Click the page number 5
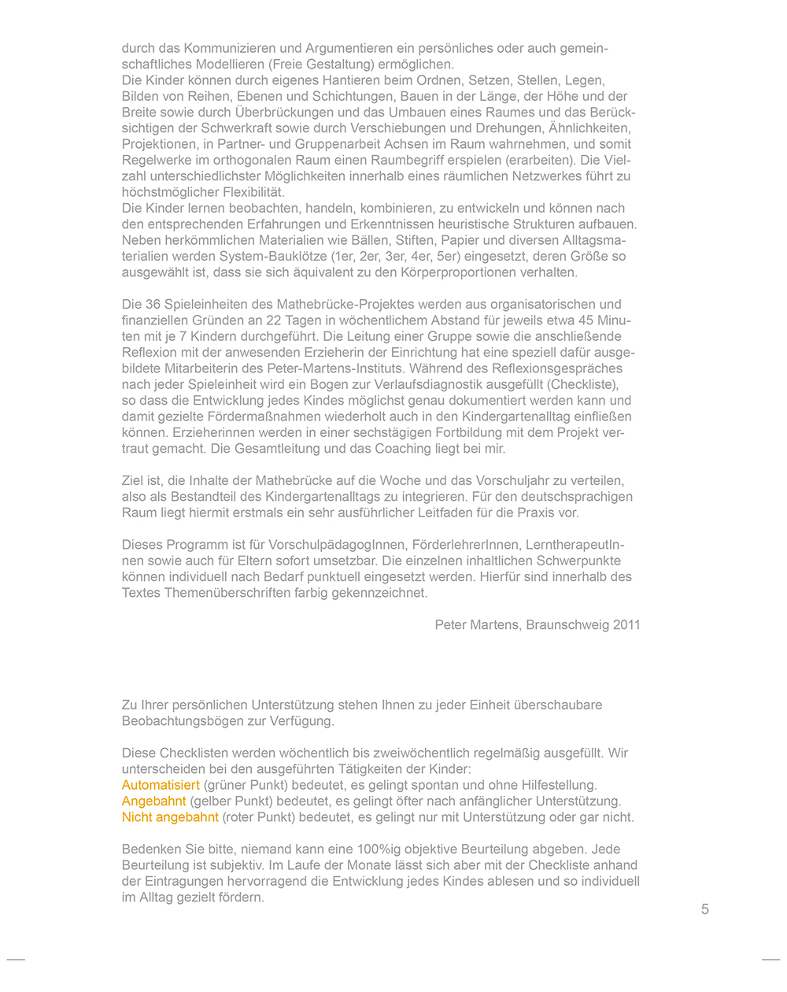(x=704, y=909)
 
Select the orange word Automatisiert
(x=161, y=785)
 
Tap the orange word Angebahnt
(x=153, y=801)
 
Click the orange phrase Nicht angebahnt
(x=170, y=817)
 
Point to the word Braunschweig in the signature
(x=565, y=624)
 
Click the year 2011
(x=626, y=624)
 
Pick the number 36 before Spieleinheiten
(x=153, y=304)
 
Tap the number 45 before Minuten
(x=586, y=320)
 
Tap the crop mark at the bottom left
(x=16, y=960)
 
